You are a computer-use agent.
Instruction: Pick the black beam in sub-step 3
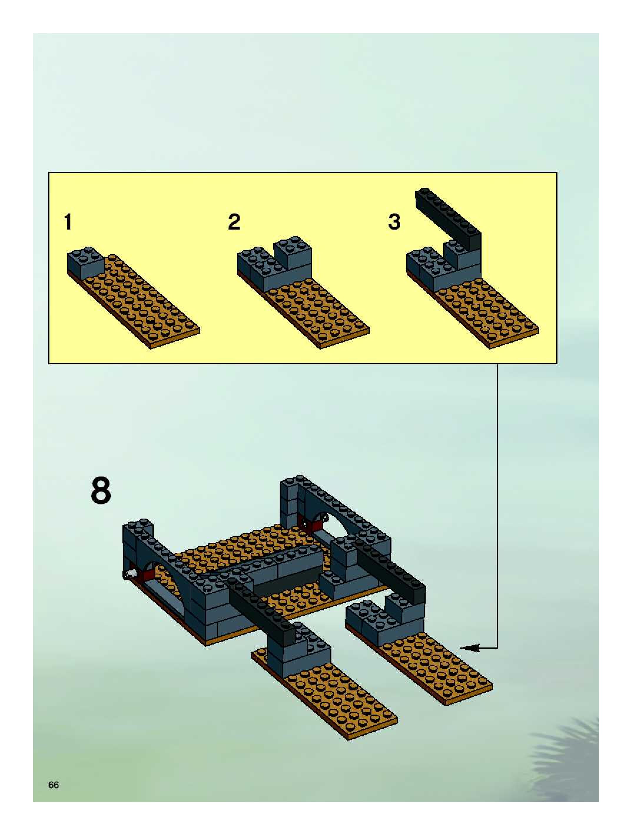(449, 220)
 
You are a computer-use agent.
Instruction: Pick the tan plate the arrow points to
(435, 670)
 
